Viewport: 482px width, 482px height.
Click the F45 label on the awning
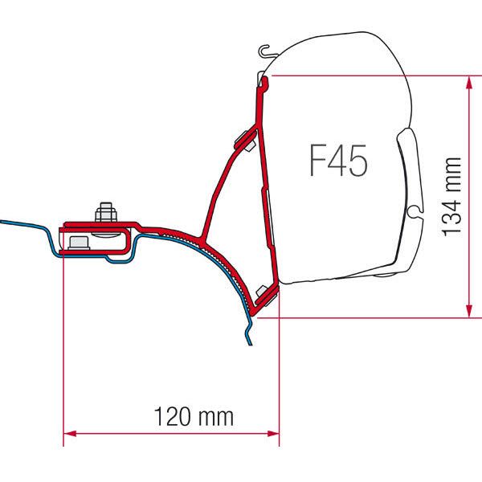[x=338, y=161]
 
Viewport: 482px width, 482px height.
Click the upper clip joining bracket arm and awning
[x=244, y=139]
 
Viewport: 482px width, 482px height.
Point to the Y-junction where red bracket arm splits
[x=202, y=232]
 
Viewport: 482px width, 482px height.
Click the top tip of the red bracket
[x=262, y=77]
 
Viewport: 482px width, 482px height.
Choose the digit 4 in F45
[x=338, y=161]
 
